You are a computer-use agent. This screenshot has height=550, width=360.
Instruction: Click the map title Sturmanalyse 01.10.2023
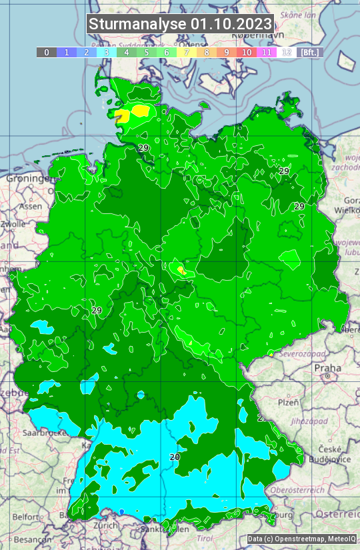pyautogui.click(x=180, y=25)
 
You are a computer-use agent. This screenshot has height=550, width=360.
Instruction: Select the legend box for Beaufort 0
pyautogui.click(x=46, y=52)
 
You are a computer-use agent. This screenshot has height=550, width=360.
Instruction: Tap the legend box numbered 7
pyautogui.click(x=186, y=52)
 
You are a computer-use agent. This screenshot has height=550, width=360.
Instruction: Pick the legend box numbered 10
pyautogui.click(x=247, y=52)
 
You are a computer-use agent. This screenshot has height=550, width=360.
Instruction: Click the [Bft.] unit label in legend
pyautogui.click(x=309, y=52)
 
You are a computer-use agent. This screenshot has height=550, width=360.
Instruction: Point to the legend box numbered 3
pyautogui.click(x=107, y=52)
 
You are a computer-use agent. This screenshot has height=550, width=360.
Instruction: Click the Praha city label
pyautogui.click(x=327, y=367)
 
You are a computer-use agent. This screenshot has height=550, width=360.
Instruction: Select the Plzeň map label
pyautogui.click(x=288, y=402)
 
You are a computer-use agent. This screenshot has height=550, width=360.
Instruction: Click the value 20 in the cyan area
pyautogui.click(x=175, y=457)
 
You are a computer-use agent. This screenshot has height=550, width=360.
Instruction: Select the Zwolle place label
pyautogui.click(x=13, y=224)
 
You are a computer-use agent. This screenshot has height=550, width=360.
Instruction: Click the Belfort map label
pyautogui.click(x=25, y=517)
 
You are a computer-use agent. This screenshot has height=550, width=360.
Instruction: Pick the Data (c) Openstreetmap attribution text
pyautogui.click(x=301, y=539)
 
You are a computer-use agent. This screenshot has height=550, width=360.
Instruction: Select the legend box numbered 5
pyautogui.click(x=146, y=52)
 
